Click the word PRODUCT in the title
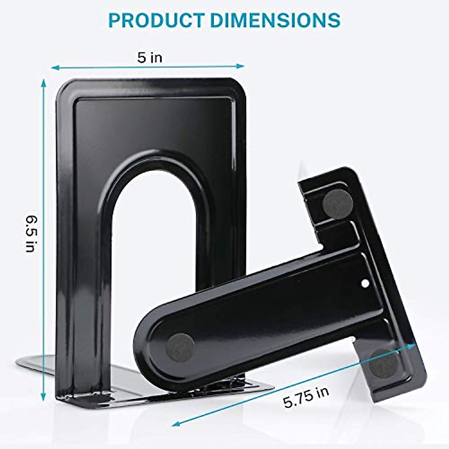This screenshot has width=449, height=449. tap(156, 20)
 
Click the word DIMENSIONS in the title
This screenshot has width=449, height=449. tap(275, 20)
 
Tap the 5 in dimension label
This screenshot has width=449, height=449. tap(150, 58)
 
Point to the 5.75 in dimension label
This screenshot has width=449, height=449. tap(306, 397)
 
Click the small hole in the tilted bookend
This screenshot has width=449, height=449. tap(365, 283)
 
